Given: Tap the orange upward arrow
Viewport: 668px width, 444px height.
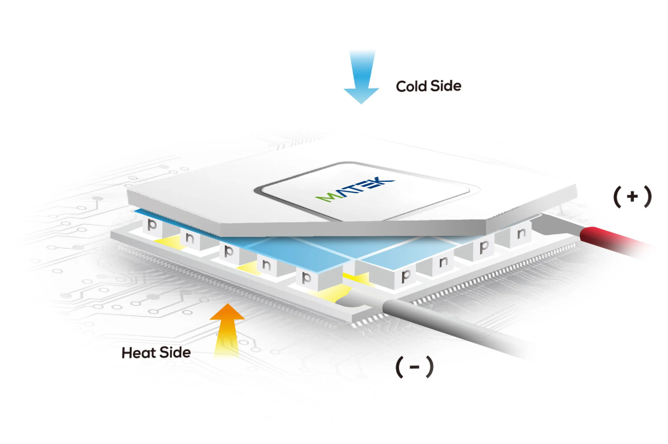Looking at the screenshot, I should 227,327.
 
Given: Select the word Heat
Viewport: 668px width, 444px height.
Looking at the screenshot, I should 139,353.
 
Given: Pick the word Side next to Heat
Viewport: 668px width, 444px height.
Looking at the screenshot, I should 175,352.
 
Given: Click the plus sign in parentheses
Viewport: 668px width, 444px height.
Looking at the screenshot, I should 632,197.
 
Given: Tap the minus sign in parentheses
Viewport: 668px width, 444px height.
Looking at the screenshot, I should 414,367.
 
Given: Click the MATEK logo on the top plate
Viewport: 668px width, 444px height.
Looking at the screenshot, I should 356,189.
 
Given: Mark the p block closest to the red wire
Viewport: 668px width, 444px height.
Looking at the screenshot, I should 484,247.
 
